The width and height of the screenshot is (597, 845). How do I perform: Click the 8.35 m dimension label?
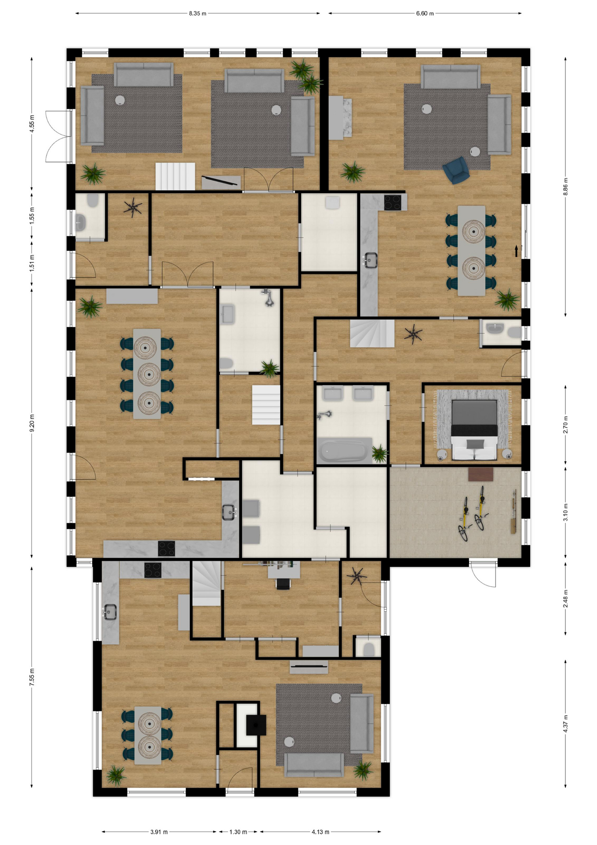(x=197, y=14)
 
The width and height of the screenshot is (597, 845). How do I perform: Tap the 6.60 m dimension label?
(x=425, y=14)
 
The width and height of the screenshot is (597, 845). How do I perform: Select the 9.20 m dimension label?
(x=32, y=423)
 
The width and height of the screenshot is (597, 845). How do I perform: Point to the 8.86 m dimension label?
(x=565, y=187)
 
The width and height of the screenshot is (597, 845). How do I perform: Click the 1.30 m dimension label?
(x=238, y=832)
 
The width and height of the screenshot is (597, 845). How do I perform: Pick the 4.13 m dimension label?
(x=320, y=832)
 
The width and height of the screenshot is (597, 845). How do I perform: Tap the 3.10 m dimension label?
(x=565, y=512)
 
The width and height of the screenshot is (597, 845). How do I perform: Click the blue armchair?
(x=456, y=170)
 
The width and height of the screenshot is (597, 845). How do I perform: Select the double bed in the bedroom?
(x=474, y=430)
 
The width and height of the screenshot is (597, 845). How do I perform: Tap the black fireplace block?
(x=256, y=725)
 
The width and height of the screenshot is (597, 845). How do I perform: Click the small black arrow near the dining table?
(x=517, y=251)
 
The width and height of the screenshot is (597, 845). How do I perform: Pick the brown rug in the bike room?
(x=481, y=474)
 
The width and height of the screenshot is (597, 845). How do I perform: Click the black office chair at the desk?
(x=283, y=584)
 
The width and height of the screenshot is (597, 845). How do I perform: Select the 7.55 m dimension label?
(x=32, y=676)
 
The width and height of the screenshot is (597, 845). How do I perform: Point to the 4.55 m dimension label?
(x=32, y=124)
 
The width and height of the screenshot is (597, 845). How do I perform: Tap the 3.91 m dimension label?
(x=159, y=832)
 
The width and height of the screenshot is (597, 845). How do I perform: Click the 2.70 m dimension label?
(x=565, y=424)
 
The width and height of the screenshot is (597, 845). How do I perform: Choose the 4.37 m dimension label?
(x=565, y=724)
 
